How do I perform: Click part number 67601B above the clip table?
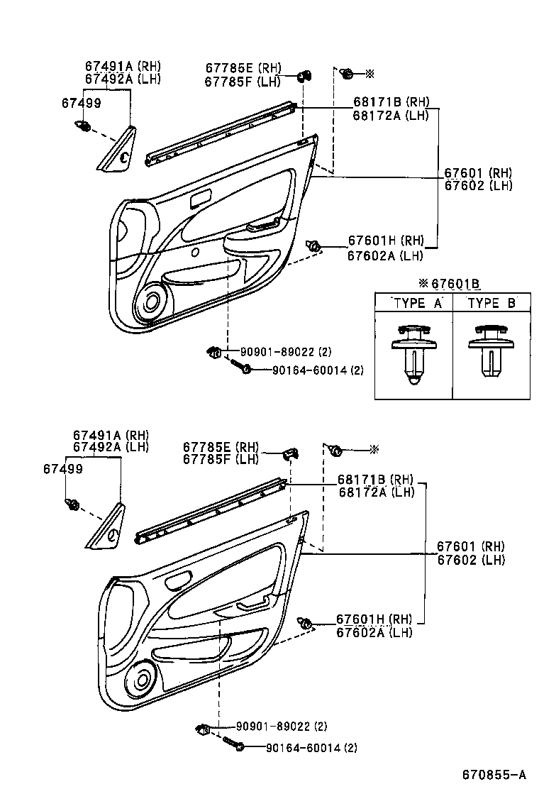455,284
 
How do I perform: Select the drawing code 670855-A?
494,774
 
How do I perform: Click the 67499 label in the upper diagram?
81,103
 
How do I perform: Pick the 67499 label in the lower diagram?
62,469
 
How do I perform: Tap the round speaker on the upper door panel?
151,302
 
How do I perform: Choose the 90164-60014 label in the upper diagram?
307,370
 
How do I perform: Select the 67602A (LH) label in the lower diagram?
374,632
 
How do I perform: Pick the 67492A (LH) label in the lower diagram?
110,446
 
